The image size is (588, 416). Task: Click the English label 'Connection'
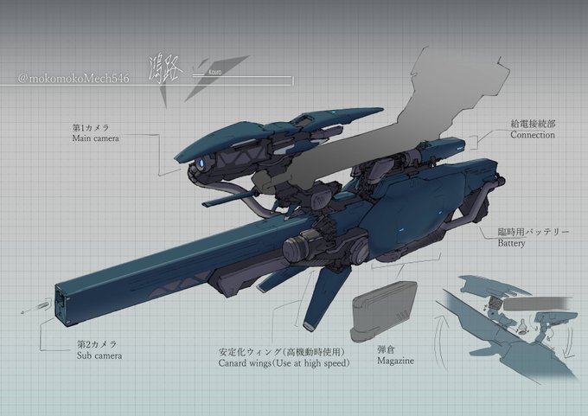tap(533, 135)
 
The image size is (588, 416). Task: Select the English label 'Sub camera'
tap(97, 355)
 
